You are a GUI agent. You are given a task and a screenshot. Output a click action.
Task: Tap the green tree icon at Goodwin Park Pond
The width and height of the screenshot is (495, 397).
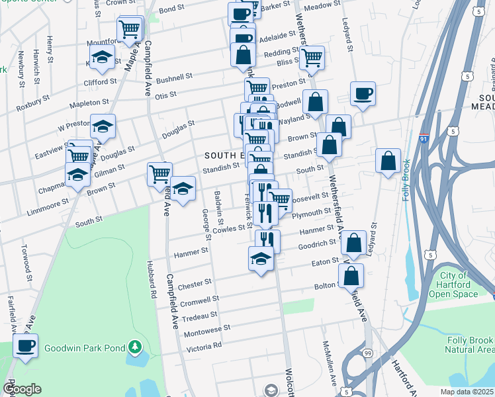point(134,346)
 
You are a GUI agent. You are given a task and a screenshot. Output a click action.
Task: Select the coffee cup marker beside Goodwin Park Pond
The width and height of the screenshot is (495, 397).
point(26,345)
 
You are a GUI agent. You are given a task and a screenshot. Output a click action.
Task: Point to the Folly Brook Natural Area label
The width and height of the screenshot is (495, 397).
point(469,344)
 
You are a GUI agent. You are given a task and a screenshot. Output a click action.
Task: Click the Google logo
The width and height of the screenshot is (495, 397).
point(21,389)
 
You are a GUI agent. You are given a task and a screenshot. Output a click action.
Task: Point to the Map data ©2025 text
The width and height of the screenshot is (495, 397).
point(467,392)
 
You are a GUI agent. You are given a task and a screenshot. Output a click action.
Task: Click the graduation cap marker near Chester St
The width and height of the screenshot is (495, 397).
point(261,259)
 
